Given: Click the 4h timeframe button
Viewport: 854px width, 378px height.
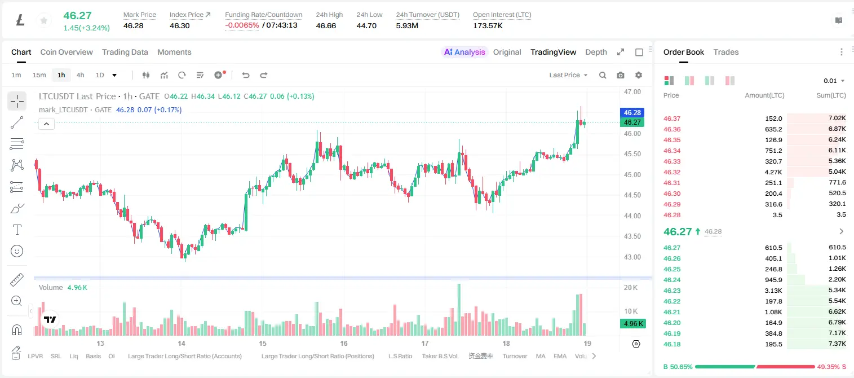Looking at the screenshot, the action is [80, 75].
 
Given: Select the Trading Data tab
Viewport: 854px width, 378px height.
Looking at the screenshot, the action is [125, 52].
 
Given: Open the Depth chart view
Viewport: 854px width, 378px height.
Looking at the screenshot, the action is [596, 52].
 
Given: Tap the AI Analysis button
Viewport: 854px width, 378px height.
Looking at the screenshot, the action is [464, 52].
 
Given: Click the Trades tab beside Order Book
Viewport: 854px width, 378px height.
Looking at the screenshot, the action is [726, 52].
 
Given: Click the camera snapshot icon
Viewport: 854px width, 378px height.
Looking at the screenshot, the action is [621, 75].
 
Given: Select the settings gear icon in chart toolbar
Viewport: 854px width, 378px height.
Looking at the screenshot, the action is [639, 75].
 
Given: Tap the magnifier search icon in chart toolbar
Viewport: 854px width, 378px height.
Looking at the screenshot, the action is [603, 75].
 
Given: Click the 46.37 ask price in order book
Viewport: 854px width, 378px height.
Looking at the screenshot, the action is [672, 118].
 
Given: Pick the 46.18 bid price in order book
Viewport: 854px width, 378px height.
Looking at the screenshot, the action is [672, 344].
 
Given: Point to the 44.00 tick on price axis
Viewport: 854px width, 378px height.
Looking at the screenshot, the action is [632, 216].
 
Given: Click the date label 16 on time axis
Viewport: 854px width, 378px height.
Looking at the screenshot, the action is [344, 343].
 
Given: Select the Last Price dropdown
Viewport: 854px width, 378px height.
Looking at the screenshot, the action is [568, 75].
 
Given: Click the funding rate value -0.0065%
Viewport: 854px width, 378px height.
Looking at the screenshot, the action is [242, 25].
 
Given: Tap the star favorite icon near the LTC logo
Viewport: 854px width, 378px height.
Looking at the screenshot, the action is [44, 20].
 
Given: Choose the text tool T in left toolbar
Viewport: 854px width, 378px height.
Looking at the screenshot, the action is [17, 230].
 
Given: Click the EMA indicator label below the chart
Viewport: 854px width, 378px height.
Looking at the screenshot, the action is [560, 356].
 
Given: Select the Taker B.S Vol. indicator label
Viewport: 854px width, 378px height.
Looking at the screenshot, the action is [440, 356].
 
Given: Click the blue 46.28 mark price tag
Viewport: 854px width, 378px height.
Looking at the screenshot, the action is [632, 112].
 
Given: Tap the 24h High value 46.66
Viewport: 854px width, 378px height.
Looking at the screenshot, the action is [326, 25].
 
